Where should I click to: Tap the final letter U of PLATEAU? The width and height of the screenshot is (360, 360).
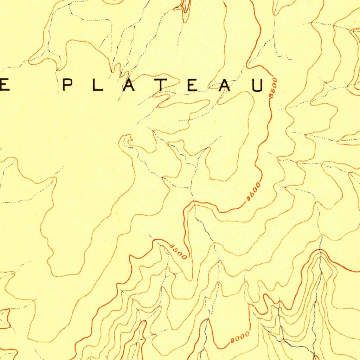click(257, 85)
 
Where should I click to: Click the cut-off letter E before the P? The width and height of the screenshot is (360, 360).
click(4, 85)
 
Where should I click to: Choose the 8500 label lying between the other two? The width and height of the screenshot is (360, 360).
click(253, 191)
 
